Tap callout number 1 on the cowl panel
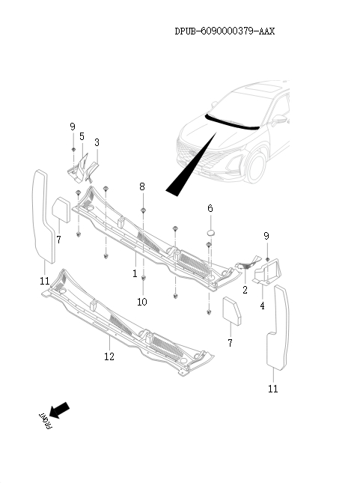click(135, 274)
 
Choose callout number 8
click(142, 186)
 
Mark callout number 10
click(142, 302)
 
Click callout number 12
click(109, 357)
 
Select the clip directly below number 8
click(143, 210)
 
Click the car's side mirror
click(279, 118)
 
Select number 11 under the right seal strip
click(273, 389)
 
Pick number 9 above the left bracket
click(73, 126)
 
